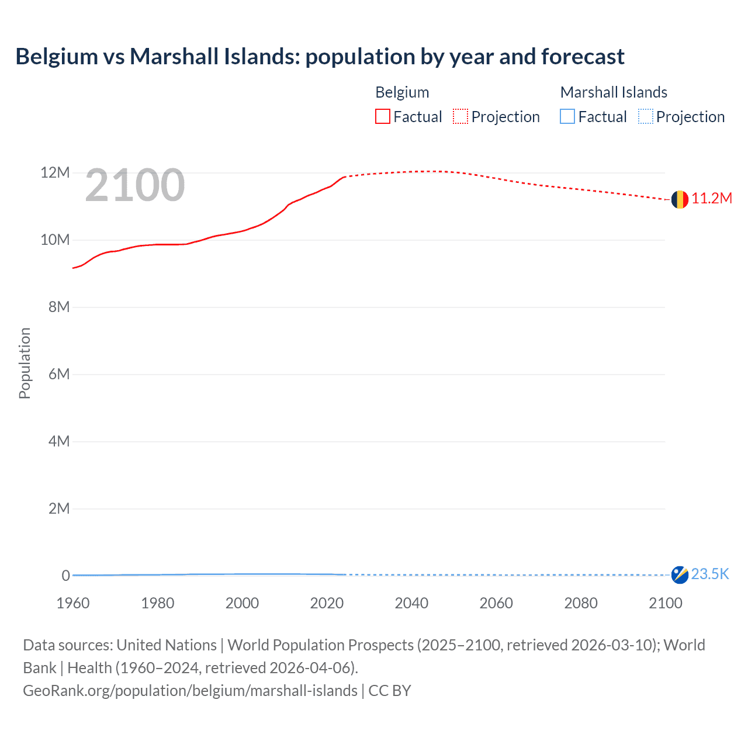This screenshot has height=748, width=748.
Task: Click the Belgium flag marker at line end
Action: (x=679, y=199)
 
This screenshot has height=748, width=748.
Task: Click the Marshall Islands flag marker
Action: (x=679, y=575)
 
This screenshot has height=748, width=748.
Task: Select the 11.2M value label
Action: (x=712, y=199)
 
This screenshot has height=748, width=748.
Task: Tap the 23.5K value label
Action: (x=710, y=574)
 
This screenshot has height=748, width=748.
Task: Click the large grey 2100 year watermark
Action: (x=135, y=185)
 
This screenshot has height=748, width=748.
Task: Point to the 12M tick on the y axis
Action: (x=55, y=173)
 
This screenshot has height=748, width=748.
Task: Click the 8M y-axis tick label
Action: (x=58, y=307)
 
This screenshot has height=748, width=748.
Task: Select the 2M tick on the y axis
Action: (x=58, y=509)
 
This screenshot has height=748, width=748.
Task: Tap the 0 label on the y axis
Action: (x=65, y=576)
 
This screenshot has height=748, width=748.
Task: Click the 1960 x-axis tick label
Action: (x=73, y=604)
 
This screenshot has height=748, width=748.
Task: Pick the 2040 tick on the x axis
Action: (x=411, y=604)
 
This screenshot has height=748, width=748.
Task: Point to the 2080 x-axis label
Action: (x=581, y=604)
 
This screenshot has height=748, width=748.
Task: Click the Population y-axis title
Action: (x=25, y=363)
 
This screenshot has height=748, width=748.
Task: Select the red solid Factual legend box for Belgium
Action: (x=383, y=117)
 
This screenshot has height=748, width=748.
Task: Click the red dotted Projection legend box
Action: (x=460, y=117)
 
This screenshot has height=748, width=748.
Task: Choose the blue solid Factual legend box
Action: (x=567, y=117)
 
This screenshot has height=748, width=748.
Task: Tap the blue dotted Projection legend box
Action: (x=645, y=117)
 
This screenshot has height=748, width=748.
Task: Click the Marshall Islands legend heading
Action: (x=614, y=92)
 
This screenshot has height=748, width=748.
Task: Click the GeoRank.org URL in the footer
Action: (x=190, y=691)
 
